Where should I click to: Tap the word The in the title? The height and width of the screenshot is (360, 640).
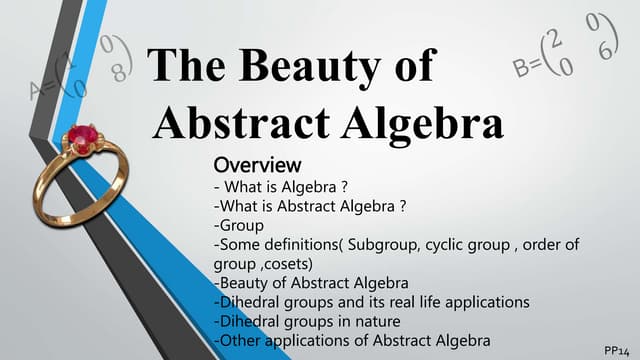187,67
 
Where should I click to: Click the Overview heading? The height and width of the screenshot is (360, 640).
257,164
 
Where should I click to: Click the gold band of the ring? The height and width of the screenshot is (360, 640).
60,185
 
